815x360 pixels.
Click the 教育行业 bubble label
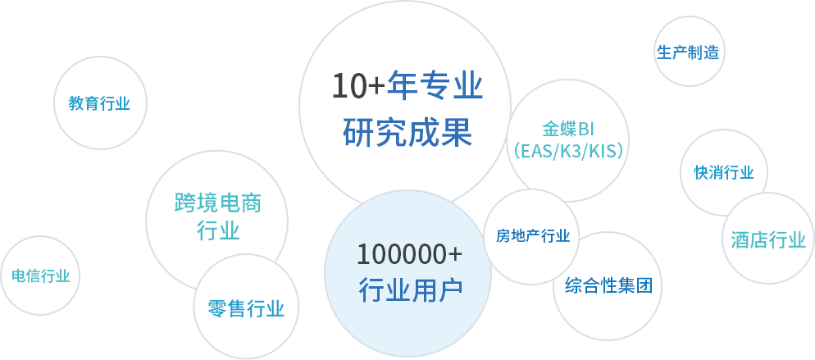pos(99,103)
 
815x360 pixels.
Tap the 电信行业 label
pos(41,276)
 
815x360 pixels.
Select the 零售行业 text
pos(246,308)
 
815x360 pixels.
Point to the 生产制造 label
pos(688,52)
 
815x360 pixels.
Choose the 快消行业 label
pos(724,172)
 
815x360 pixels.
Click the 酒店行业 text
pos(768,240)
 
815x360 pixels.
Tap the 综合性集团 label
pos(608,286)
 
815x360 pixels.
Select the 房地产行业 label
pos(533,237)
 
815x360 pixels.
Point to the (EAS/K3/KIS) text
pos(568,151)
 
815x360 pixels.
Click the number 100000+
pos(409,254)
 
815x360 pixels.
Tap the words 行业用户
pos(411,289)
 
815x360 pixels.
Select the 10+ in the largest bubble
pos(357,86)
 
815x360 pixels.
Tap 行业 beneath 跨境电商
pos(218,230)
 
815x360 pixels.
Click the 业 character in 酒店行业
pos(797,240)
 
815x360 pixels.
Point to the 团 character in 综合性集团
pos(644,286)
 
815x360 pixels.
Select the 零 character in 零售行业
pos(216,308)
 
